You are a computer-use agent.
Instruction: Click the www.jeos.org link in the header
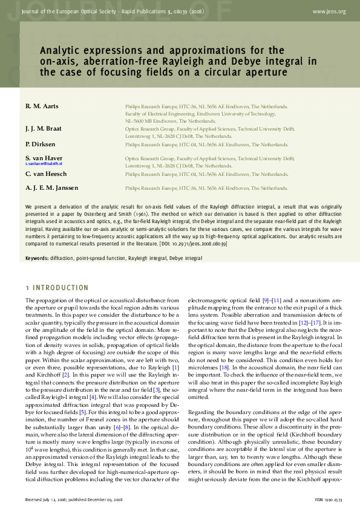pos(329,11)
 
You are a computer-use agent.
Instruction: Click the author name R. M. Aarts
pos(42,106)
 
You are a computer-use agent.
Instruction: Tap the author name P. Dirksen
pos(40,144)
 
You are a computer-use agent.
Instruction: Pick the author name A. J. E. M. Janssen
pos(51,188)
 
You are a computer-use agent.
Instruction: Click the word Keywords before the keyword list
pos(36,258)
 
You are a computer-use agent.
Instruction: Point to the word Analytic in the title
pos(61,51)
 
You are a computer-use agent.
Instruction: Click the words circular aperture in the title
pos(250,72)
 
